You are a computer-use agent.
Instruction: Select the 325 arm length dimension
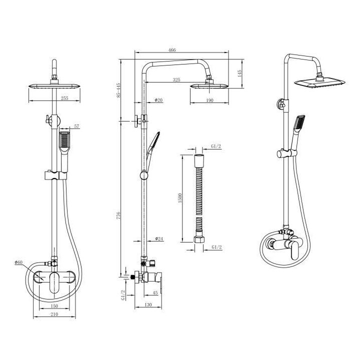point(176,80)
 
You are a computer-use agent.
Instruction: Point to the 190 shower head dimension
point(209,100)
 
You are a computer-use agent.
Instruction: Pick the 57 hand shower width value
point(76,126)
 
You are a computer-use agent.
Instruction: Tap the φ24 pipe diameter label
point(159,238)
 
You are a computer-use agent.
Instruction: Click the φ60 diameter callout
point(18,262)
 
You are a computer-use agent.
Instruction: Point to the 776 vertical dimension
point(118,215)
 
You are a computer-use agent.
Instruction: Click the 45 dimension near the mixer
point(155,293)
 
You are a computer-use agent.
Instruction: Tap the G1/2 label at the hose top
point(216,146)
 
